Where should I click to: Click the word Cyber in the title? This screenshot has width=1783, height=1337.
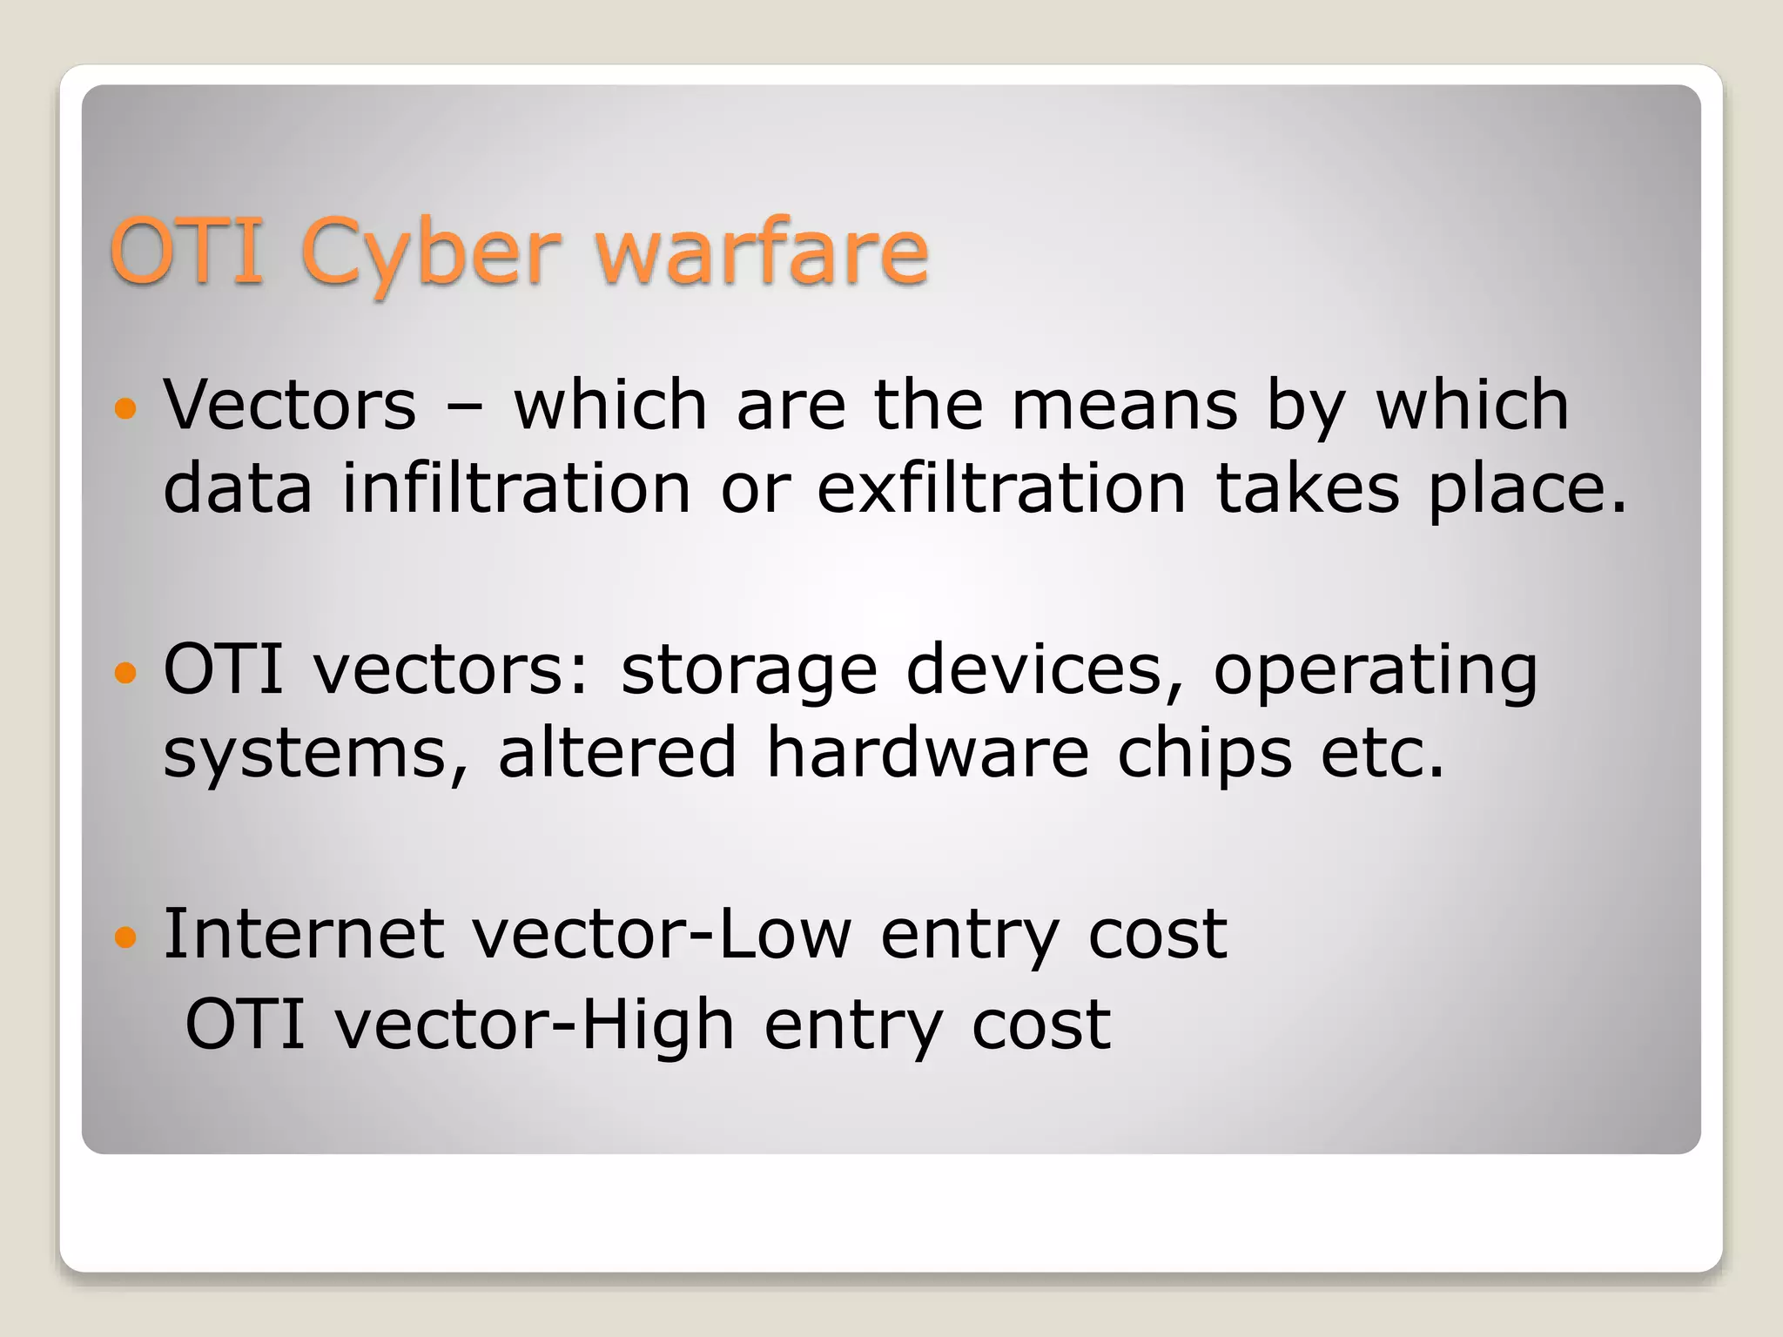coord(429,253)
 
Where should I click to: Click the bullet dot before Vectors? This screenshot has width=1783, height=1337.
coord(126,407)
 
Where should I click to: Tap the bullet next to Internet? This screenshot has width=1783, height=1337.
coord(126,937)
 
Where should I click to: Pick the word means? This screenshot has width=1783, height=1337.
coord(1124,406)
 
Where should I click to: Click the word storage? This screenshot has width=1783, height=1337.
coord(749,672)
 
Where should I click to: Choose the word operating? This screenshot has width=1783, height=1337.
coord(1376,672)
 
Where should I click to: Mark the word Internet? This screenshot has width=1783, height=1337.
coord(304,934)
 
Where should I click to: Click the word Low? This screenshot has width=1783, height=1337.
coord(784,934)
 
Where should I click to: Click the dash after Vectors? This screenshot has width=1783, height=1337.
coord(465,407)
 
